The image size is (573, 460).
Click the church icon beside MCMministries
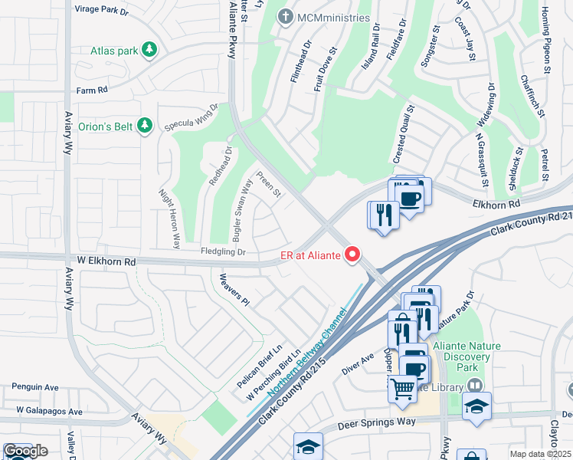point(286,17)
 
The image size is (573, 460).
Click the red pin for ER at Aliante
point(352,254)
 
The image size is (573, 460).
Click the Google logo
point(25,451)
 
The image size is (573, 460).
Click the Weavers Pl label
point(234,289)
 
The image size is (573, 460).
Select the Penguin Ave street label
point(31,388)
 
